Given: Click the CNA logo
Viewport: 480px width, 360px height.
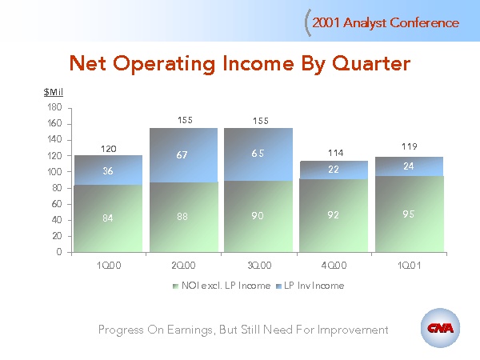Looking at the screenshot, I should point(440,329).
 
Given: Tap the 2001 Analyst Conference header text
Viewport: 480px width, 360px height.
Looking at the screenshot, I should point(386,22).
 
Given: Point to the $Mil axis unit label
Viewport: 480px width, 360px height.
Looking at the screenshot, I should point(53,93).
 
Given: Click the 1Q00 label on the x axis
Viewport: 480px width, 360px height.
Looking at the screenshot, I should point(109,264).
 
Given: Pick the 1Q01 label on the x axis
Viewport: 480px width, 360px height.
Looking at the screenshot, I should point(410,264).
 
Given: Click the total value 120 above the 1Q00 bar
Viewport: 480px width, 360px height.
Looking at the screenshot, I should point(109,149).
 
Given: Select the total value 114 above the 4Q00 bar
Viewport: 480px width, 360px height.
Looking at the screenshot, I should point(334,153).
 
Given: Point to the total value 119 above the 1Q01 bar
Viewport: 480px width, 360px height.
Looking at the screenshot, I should point(410,146).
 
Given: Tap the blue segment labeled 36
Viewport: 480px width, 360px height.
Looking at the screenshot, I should point(109,170).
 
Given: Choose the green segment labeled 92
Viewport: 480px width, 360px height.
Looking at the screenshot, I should point(334,214).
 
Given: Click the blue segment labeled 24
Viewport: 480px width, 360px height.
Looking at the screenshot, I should point(410,166).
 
